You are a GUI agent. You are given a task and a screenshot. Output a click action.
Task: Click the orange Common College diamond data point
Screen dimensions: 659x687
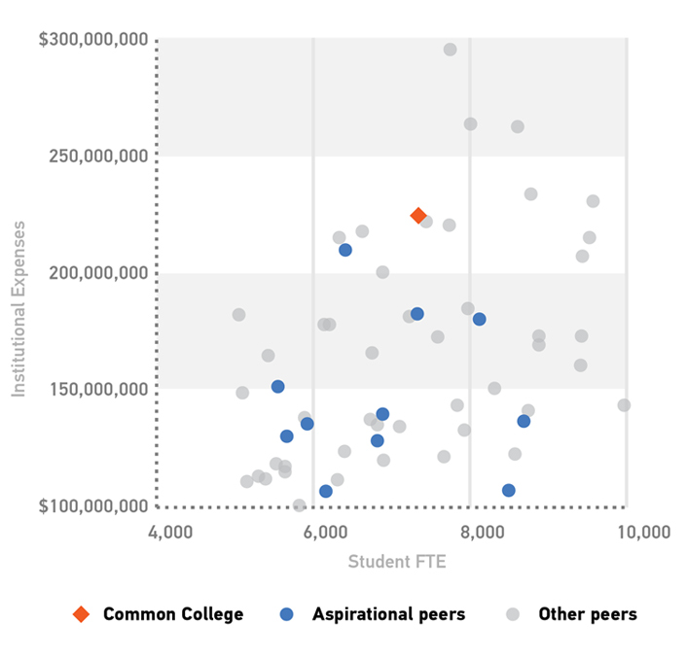(x=418, y=216)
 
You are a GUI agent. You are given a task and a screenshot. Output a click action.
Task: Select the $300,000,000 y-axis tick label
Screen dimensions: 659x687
(x=92, y=40)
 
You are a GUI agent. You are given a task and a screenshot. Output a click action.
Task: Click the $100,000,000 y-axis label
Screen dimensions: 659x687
(x=92, y=506)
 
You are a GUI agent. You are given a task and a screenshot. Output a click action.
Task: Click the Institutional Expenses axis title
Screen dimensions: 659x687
(x=18, y=309)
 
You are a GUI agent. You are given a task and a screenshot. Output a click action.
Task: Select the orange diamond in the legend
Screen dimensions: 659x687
(x=82, y=614)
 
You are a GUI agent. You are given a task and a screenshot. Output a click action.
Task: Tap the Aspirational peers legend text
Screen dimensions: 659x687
(x=388, y=614)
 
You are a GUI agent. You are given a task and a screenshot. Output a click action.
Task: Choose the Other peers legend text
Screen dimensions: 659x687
(x=588, y=614)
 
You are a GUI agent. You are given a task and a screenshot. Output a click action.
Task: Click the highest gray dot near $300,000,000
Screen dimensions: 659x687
(x=451, y=50)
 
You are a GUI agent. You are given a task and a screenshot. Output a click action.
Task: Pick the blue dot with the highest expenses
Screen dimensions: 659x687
(x=345, y=250)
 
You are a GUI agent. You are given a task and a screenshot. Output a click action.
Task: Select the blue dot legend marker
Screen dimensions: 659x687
(x=285, y=614)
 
